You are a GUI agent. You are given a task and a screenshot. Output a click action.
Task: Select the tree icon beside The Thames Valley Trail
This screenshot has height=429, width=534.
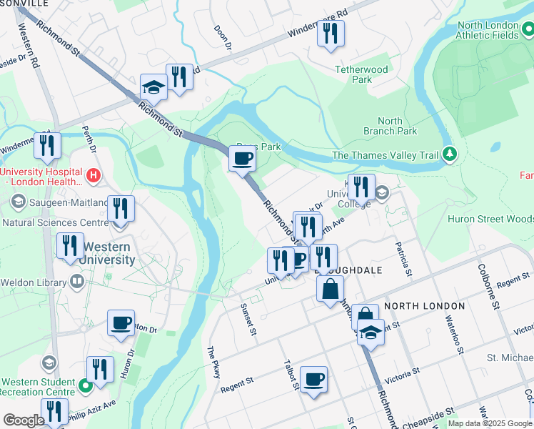(450, 154)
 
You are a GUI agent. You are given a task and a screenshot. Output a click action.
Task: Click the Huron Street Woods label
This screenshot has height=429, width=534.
(490, 220)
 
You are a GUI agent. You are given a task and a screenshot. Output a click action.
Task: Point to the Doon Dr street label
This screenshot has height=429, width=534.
(223, 38)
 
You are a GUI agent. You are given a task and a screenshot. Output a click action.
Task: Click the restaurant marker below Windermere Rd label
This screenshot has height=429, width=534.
(331, 34)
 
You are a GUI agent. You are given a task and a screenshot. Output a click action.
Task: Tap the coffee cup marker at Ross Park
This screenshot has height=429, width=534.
(243, 158)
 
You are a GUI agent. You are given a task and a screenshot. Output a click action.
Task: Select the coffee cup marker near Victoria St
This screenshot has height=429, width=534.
(313, 379)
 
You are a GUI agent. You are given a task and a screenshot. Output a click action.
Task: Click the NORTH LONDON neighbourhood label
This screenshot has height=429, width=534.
(424, 306)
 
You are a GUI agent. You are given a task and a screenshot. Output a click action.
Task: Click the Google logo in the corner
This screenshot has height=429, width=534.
(23, 420)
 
